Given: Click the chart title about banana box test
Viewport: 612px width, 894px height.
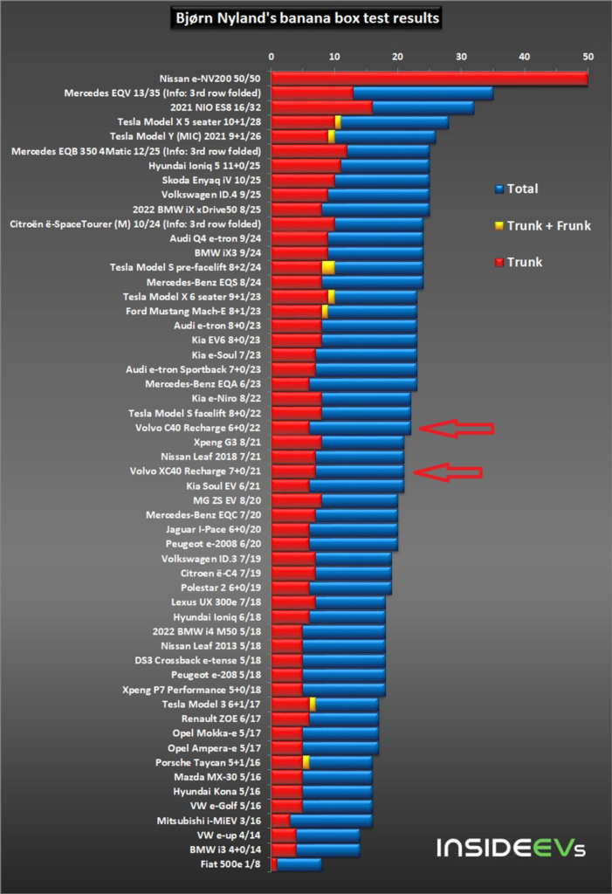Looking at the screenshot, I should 306,17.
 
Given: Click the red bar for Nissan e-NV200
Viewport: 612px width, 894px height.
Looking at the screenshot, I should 429,79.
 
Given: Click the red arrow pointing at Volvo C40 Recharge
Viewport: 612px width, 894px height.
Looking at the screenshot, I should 456,428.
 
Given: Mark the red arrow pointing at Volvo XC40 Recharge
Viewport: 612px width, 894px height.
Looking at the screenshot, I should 449,471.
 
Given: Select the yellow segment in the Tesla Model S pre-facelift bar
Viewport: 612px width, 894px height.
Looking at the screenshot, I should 328,267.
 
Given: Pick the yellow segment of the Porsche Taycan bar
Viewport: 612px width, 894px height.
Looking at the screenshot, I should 306,761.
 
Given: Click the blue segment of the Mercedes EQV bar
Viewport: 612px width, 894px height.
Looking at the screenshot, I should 423,93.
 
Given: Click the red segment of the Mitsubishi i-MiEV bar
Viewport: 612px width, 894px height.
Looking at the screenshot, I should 280,821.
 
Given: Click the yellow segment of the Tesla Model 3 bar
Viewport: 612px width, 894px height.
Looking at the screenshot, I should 312,704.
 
